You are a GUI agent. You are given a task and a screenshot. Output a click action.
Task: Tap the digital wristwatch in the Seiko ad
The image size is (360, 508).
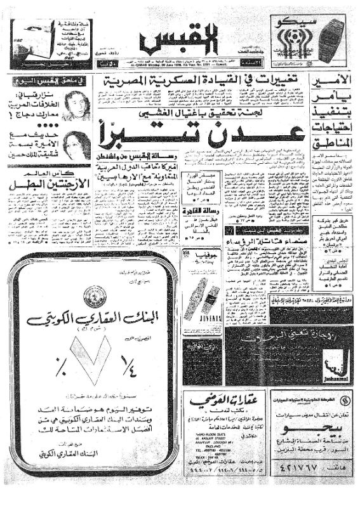tap(330, 40)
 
